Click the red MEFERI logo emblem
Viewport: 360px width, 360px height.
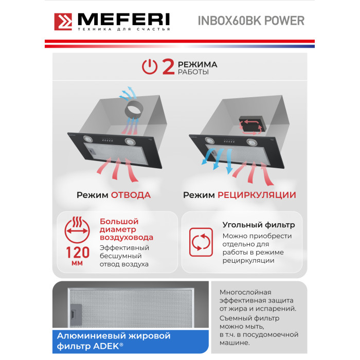point(63,22)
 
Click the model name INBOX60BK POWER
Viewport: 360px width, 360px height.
point(251,21)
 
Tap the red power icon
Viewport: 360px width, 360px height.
point(150,66)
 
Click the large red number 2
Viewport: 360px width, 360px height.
point(168,66)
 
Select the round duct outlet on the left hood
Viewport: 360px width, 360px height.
point(134,110)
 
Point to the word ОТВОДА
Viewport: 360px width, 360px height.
point(131,195)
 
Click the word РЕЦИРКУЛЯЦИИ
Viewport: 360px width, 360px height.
point(257,195)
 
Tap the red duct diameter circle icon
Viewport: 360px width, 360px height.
point(77,230)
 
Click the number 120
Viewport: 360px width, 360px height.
point(78,253)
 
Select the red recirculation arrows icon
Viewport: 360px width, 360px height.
point(201,242)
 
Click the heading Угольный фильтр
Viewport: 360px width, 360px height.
point(259,225)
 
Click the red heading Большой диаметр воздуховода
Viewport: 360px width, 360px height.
point(127,229)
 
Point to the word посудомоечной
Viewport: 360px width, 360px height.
point(271,335)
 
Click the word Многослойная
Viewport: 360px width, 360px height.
point(245,292)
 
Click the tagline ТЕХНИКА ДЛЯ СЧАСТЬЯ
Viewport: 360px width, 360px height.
point(124,29)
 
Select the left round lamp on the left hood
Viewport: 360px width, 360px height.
point(88,138)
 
